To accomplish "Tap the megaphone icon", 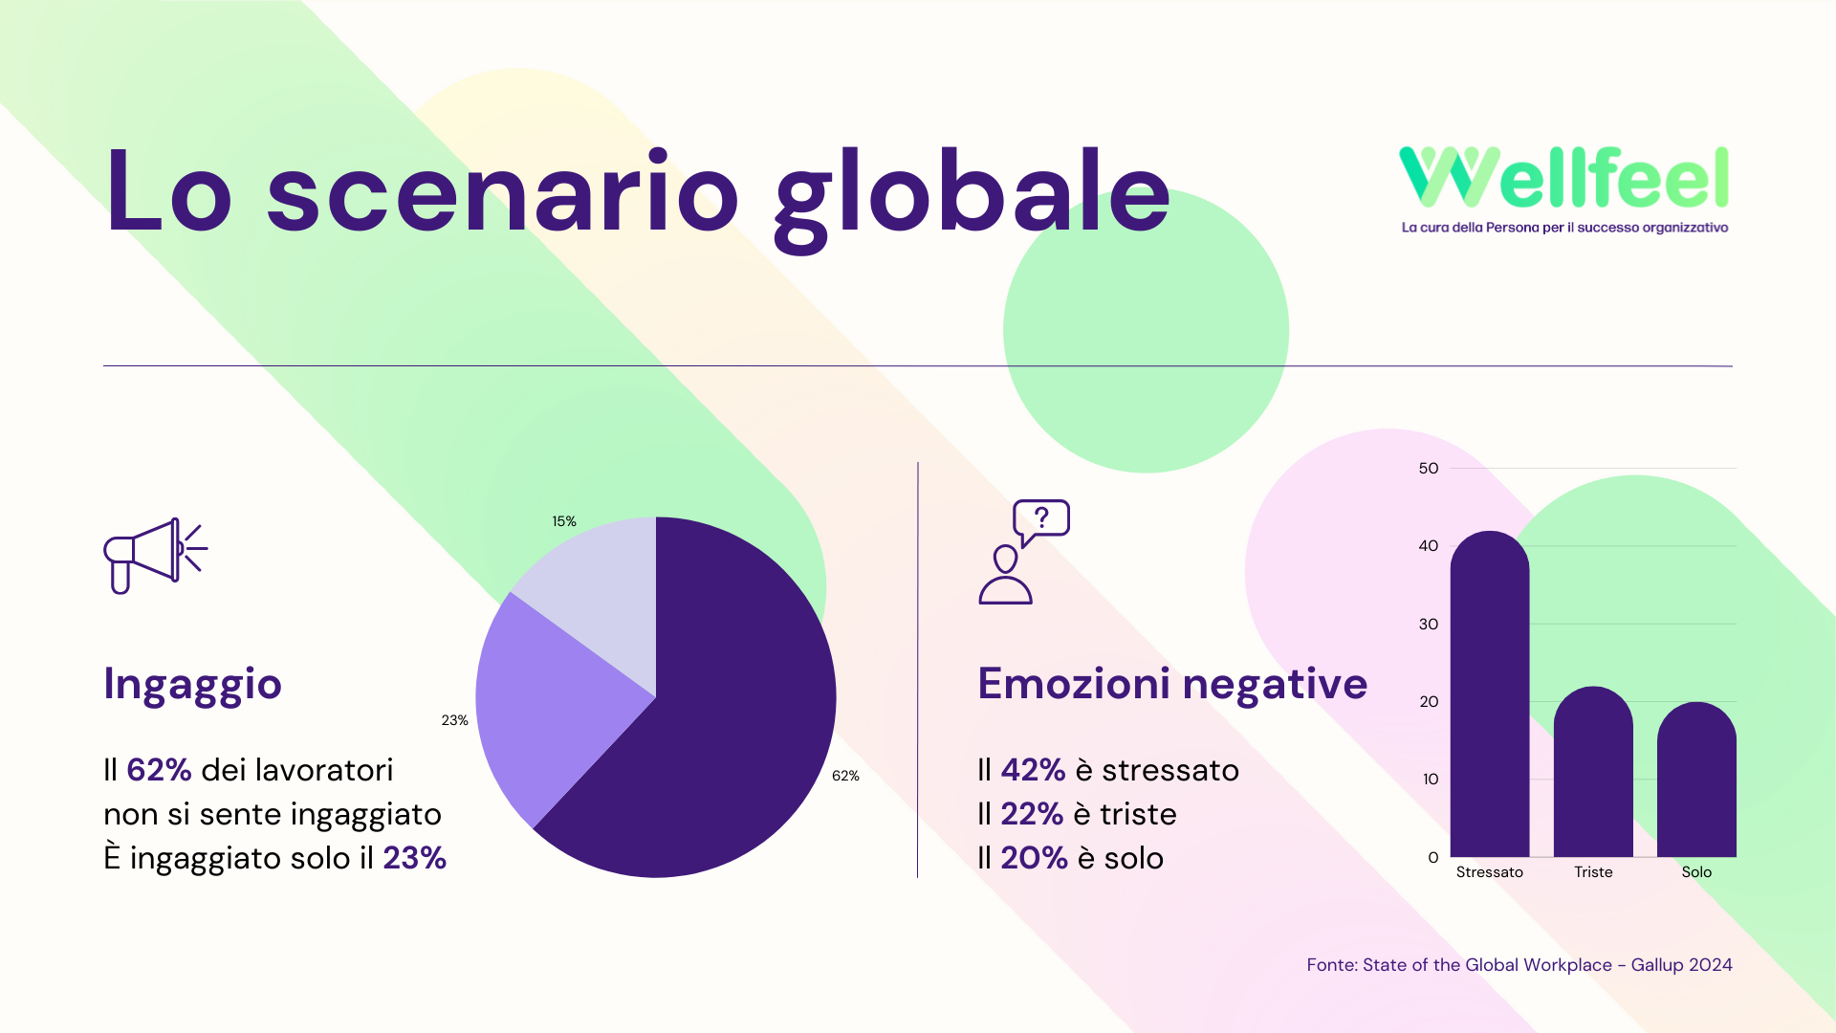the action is click(x=156, y=556).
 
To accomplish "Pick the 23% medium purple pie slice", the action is click(x=545, y=703).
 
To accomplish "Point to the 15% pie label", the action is click(x=564, y=521).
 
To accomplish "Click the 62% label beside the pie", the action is click(x=845, y=776).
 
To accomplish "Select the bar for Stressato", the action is click(x=1490, y=694).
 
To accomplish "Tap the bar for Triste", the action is click(x=1593, y=772).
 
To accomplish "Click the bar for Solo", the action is click(x=1696, y=780).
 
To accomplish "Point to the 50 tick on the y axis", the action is click(x=1429, y=469).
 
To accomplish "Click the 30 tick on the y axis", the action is click(x=1429, y=625).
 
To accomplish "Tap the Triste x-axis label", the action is click(x=1593, y=872).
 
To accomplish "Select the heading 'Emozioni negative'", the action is click(x=1172, y=685).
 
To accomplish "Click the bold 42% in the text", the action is click(x=1033, y=770).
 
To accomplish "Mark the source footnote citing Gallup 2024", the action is click(x=1519, y=965).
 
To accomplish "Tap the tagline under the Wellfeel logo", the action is click(x=1564, y=228).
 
